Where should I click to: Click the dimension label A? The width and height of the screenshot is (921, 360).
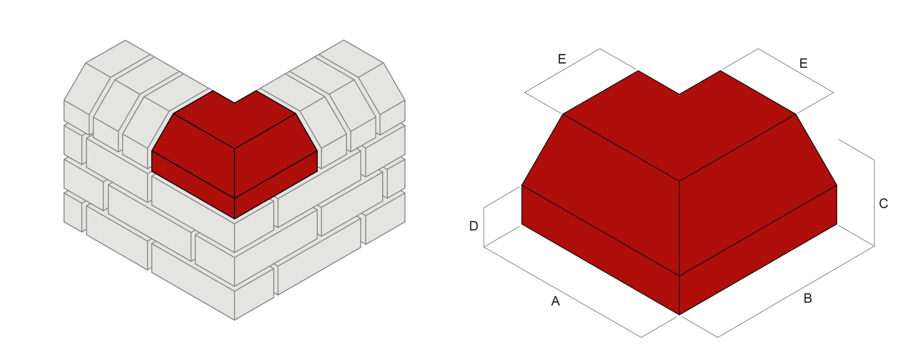(x=555, y=301)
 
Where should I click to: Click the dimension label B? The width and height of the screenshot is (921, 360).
(x=808, y=298)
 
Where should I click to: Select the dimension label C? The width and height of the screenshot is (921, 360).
(x=884, y=204)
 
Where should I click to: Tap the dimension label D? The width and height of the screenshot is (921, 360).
(x=473, y=226)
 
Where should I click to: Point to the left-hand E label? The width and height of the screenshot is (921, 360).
(x=562, y=59)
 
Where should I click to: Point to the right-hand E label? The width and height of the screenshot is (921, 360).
(x=803, y=64)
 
